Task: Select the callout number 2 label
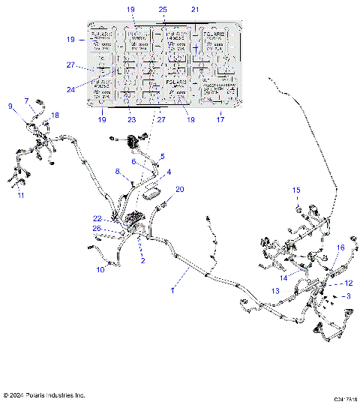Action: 142,261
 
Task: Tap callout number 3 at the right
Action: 347,297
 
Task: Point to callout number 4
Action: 169,172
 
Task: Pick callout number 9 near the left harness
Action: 10,106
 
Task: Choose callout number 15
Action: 295,190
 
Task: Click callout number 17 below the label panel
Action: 220,118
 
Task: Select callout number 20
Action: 178,190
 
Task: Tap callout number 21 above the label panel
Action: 195,9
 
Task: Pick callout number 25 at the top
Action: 163,9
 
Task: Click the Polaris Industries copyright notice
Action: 43,394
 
